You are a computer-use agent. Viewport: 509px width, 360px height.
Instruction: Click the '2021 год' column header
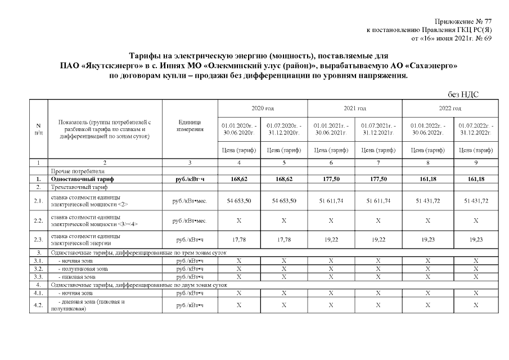354,108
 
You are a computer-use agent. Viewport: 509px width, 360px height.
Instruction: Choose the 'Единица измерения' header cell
190,127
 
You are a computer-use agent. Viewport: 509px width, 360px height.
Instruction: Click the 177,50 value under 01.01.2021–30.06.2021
331,179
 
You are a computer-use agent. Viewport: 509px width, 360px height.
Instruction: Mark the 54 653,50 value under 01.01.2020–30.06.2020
239,201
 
